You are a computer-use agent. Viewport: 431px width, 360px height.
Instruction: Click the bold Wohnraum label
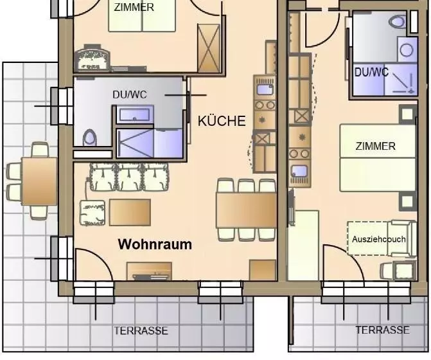155,244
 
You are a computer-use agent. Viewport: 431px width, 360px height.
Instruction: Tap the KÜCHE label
222,121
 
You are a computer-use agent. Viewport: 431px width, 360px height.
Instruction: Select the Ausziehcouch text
378,239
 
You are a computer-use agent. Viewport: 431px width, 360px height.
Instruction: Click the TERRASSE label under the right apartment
382,330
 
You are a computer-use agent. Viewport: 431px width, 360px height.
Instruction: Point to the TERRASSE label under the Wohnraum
141,330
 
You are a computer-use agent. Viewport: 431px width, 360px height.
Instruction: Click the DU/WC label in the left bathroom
130,94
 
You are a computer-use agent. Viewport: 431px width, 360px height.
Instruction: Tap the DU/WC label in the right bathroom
371,73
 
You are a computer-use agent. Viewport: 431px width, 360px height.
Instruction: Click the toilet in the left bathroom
89,137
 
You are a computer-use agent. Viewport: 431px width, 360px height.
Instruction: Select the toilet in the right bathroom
398,21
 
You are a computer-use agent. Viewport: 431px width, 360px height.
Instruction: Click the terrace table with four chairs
39,181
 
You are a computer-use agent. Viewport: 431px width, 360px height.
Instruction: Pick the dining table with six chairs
246,210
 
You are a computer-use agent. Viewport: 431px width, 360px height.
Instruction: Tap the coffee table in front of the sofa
130,213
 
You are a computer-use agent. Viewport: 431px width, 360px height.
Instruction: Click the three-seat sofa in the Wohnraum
129,177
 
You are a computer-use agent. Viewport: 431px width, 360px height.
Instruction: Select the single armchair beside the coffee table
92,213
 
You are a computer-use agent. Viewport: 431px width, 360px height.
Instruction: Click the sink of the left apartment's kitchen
265,89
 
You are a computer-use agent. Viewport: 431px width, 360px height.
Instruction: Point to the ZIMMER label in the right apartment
376,146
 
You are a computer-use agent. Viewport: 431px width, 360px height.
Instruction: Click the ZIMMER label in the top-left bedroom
134,8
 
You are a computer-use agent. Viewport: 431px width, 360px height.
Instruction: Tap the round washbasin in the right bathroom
407,50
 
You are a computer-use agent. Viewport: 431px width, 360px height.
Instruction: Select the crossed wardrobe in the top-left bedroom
209,48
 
